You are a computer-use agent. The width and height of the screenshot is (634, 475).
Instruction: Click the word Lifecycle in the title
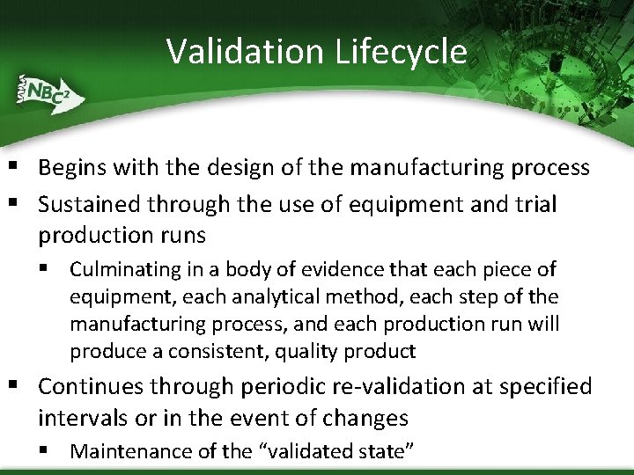[401, 52]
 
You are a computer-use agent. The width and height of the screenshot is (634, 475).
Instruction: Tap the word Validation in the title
[246, 52]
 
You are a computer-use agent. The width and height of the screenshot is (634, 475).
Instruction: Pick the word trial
[534, 204]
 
